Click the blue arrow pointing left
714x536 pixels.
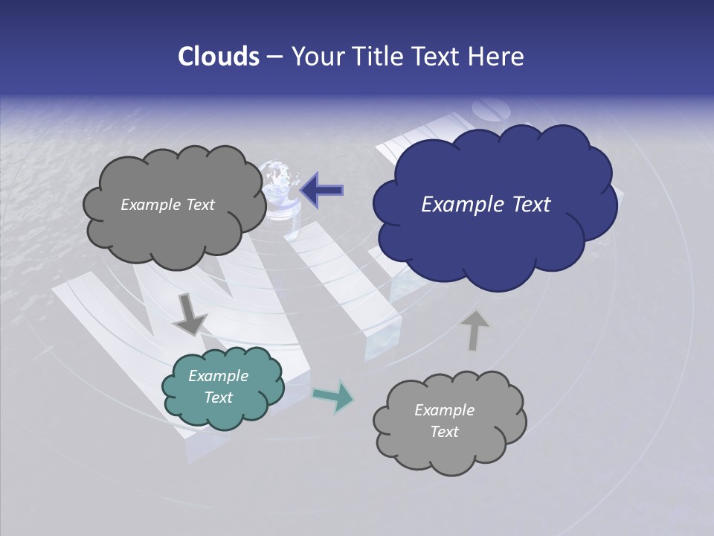[322, 189]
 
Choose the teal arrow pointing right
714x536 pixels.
[334, 396]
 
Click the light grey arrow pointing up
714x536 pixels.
[475, 330]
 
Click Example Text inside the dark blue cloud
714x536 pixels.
[486, 205]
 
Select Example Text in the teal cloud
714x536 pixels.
[218, 387]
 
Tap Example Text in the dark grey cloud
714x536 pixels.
[167, 205]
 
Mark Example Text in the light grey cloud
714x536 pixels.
[444, 421]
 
